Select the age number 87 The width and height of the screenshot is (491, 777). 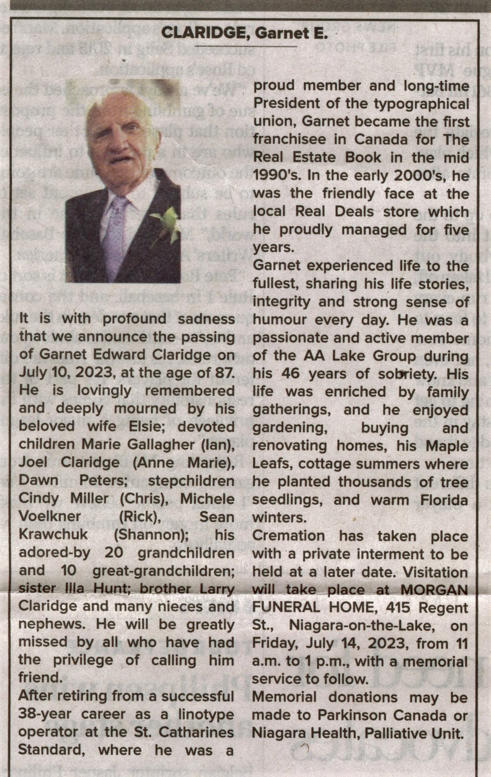pyautogui.click(x=224, y=373)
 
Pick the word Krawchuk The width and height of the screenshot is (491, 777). pyautogui.click(x=53, y=534)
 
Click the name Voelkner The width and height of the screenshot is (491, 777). pyautogui.click(x=50, y=516)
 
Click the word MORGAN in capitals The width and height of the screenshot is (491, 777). pyautogui.click(x=434, y=589)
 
